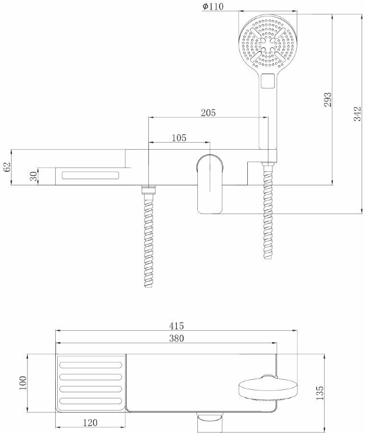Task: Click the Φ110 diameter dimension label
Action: click(x=213, y=7)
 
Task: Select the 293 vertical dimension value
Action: click(x=328, y=99)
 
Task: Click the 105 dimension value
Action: click(x=179, y=138)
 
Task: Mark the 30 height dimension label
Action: click(x=33, y=176)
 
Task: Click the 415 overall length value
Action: click(x=176, y=326)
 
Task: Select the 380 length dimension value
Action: click(x=176, y=338)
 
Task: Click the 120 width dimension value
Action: click(x=90, y=423)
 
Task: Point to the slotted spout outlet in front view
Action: click(x=90, y=175)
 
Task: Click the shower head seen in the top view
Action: click(x=267, y=388)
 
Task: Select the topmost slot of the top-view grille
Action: click(x=91, y=365)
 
